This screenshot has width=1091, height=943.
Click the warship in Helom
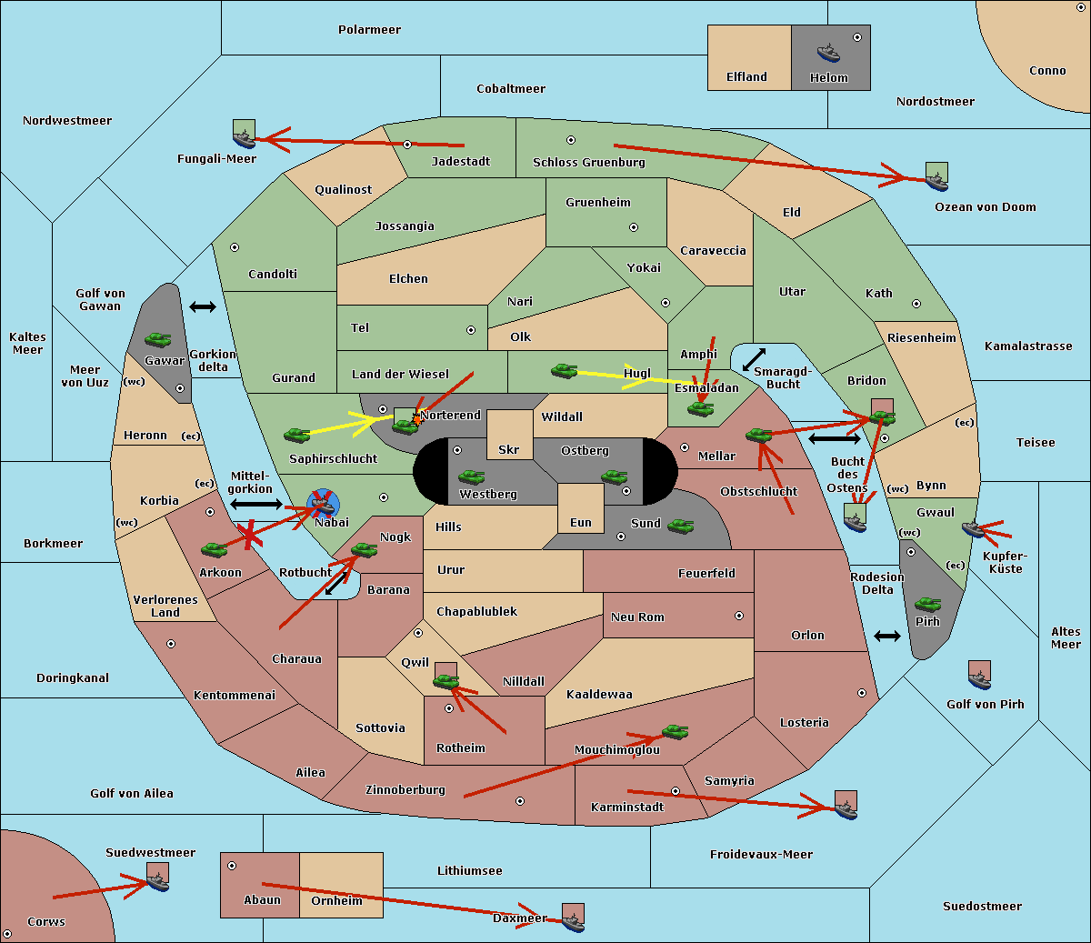828,53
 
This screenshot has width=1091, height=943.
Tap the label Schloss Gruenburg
588,162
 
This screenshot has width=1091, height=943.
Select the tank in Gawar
158,339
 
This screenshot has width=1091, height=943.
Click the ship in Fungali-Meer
244,138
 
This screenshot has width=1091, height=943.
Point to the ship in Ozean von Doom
936,181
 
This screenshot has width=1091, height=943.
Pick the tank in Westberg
471,477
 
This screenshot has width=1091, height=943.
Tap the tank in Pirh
927,604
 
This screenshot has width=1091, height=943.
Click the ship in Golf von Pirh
980,679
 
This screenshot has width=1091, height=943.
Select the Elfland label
746,77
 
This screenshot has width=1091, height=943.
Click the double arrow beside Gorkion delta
203,306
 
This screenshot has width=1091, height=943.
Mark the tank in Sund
680,526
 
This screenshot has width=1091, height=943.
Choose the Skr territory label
509,449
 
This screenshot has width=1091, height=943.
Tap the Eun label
581,522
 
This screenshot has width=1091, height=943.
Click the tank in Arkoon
215,549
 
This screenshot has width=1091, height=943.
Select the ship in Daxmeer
573,922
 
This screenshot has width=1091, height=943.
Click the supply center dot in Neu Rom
739,616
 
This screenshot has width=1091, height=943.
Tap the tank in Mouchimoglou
676,732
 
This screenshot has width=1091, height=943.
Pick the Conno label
1047,71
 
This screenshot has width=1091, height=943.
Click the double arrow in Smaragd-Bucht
754,359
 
